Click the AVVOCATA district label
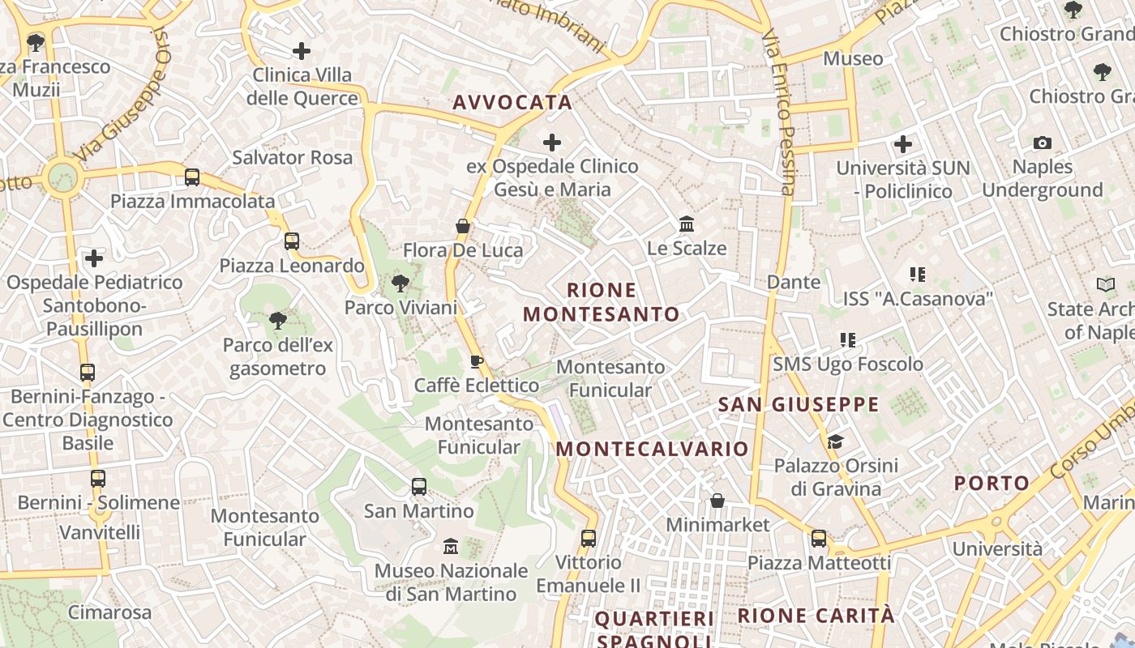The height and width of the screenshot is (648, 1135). pyautogui.click(x=512, y=103)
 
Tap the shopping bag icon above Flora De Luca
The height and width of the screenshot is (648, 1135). pyautogui.click(x=463, y=226)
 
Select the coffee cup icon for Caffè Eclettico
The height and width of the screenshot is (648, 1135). pyautogui.click(x=477, y=361)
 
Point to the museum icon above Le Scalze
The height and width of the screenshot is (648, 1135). pyautogui.click(x=687, y=224)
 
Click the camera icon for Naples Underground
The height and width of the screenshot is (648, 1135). pyautogui.click(x=1043, y=143)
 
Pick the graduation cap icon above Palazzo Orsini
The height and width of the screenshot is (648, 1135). pyautogui.click(x=836, y=441)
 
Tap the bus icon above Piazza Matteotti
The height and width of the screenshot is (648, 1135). pyautogui.click(x=819, y=539)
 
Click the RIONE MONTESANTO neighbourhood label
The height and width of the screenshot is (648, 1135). pyautogui.click(x=602, y=302)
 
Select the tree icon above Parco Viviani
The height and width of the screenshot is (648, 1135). pyautogui.click(x=400, y=283)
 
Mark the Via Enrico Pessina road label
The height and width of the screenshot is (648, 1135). pyautogui.click(x=779, y=113)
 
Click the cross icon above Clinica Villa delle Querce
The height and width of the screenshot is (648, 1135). pyautogui.click(x=302, y=51)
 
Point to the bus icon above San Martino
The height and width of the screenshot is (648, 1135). pyautogui.click(x=419, y=487)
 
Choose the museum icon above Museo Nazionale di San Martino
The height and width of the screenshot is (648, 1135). pyautogui.click(x=451, y=547)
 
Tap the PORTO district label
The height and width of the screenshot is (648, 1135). pyautogui.click(x=992, y=484)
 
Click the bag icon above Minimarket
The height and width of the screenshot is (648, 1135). pyautogui.click(x=717, y=501)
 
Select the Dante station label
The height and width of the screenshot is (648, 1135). pyautogui.click(x=794, y=282)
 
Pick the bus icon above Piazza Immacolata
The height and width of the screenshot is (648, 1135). pyautogui.click(x=192, y=177)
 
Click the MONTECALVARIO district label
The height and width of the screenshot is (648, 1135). pyautogui.click(x=653, y=449)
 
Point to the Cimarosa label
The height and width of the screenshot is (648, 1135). pyautogui.click(x=109, y=612)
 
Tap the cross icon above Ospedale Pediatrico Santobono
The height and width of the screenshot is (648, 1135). pyautogui.click(x=95, y=258)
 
